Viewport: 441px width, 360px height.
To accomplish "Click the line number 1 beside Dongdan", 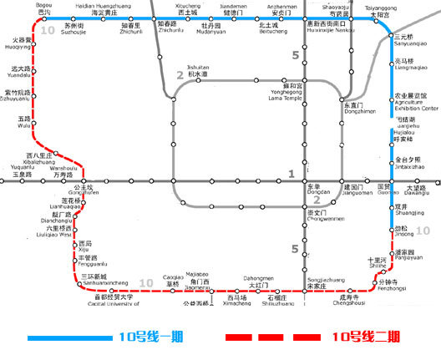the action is point(291,173).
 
